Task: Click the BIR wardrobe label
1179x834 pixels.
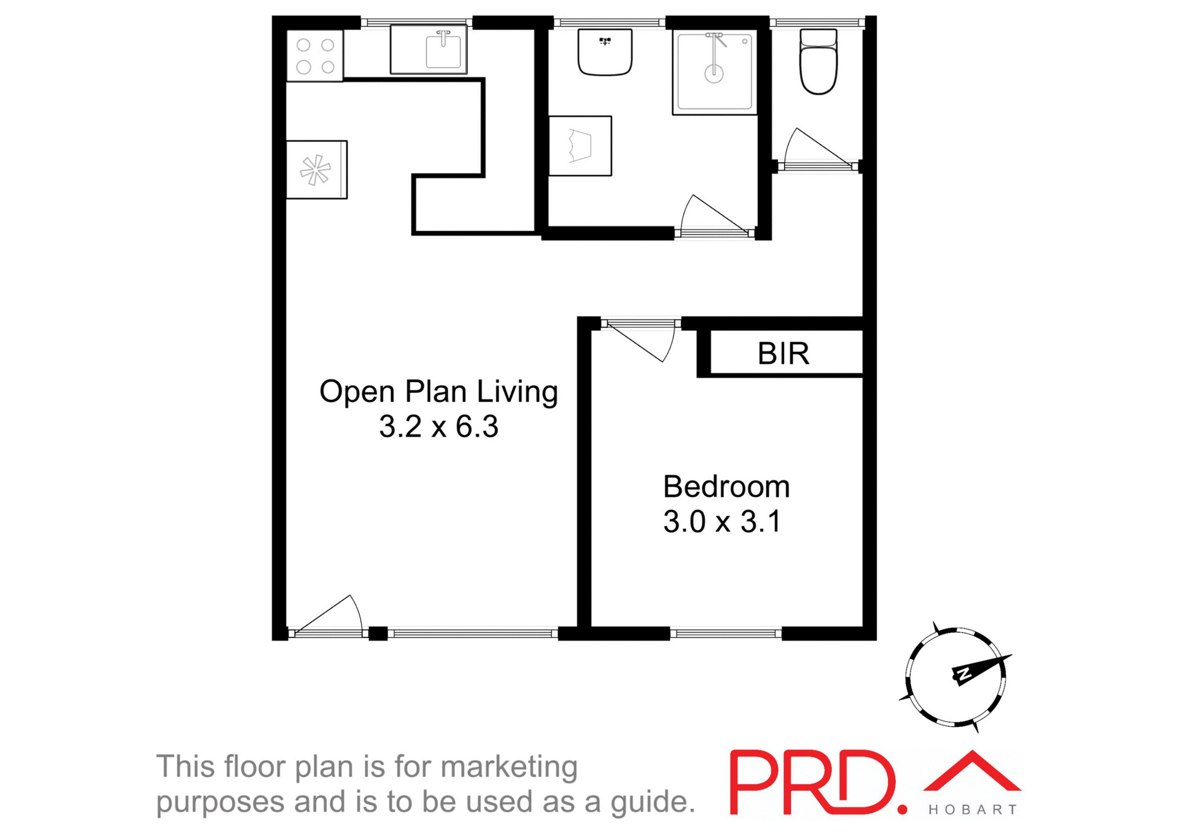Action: (x=783, y=354)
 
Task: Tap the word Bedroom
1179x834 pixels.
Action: (x=726, y=487)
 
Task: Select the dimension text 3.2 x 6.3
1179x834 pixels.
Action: (x=438, y=427)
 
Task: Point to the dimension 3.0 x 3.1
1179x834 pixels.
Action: (x=722, y=522)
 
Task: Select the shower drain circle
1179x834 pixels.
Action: (x=714, y=75)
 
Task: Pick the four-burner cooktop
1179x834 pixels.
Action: (x=315, y=56)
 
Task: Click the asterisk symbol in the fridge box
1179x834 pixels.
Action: (x=315, y=170)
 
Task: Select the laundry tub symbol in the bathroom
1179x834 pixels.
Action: (x=580, y=146)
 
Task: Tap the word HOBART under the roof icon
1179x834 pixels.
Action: (x=973, y=810)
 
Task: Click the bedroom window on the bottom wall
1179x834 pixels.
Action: (x=725, y=633)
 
